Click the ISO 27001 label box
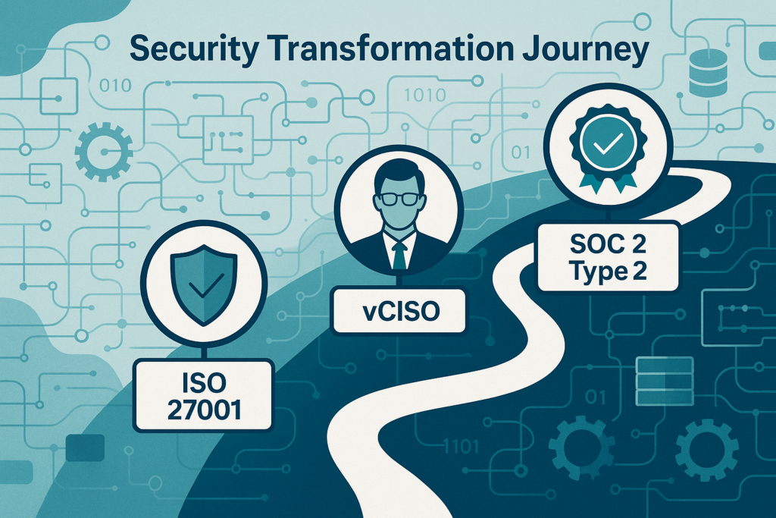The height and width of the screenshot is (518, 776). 203,396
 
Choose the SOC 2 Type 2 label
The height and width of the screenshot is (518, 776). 609,257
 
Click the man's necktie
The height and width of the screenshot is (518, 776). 399,253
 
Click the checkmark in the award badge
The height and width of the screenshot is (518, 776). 609,143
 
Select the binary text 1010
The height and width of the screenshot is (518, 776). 425,95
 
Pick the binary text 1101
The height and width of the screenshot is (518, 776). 461,447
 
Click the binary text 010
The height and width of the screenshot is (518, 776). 115,86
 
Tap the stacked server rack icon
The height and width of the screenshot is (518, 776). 664,380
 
